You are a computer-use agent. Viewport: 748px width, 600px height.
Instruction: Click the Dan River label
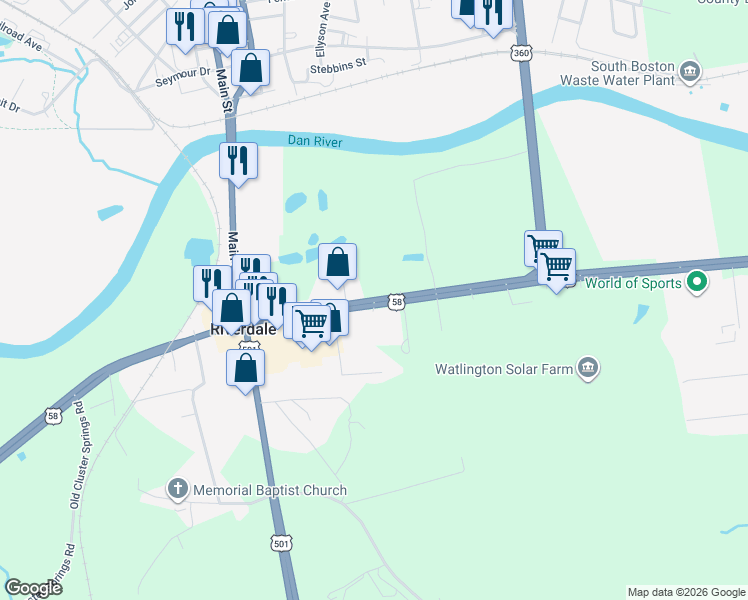[315, 143]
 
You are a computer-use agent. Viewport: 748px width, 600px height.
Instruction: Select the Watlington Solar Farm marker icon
[588, 368]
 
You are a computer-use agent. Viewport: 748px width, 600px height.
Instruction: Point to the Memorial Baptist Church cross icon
[177, 490]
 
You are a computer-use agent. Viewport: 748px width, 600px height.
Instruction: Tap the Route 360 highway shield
[520, 51]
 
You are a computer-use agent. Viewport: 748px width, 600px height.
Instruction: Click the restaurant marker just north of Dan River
[239, 160]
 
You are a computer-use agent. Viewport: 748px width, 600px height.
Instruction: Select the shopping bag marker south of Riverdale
[246, 368]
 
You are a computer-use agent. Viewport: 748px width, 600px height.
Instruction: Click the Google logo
[33, 588]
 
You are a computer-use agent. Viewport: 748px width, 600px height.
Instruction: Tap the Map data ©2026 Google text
[686, 592]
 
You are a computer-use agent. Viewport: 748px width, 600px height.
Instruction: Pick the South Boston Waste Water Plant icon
[689, 72]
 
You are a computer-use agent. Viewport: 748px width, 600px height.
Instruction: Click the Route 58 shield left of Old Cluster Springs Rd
[52, 414]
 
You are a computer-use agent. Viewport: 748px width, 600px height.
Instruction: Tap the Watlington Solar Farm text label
[504, 369]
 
